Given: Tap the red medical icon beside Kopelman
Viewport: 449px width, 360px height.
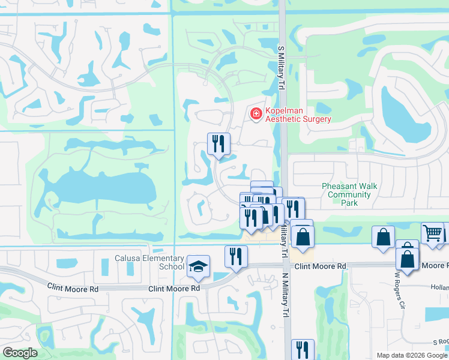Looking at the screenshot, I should coord(256,113).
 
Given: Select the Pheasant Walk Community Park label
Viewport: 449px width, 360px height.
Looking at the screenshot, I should coord(349,194).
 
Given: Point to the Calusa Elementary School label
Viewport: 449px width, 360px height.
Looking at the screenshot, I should coord(149,262).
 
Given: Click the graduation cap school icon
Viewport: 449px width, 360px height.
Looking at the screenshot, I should coord(197,266).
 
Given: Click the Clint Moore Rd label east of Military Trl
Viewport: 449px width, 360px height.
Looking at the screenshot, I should coord(321,266).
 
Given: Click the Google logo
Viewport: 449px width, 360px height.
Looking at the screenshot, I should coord(19,353).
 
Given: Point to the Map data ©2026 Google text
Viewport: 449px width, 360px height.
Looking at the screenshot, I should coord(411,355).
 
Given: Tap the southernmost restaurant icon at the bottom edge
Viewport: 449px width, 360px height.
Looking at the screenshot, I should coord(303,350).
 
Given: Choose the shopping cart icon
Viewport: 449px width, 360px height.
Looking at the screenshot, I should coord(432,233).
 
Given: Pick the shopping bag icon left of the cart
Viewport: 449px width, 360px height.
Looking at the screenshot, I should coord(383,238).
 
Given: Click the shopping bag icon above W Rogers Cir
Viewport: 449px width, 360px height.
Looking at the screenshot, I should coord(407,259).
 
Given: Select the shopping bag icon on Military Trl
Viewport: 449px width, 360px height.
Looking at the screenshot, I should coord(303,236).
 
